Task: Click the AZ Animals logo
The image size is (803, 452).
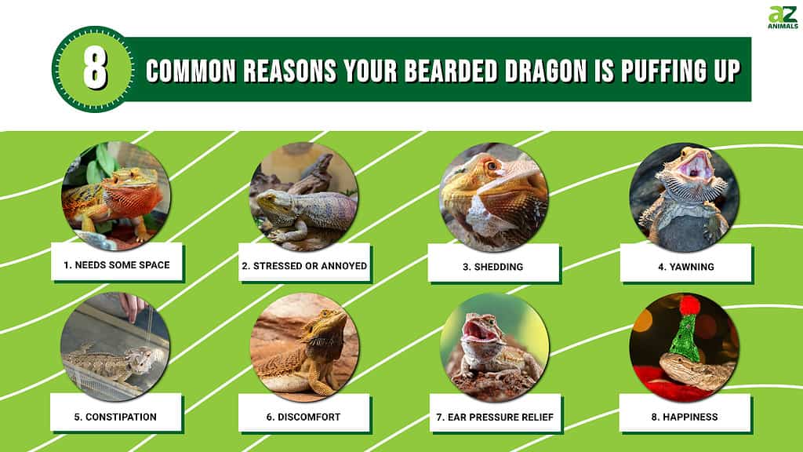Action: [x=782, y=16]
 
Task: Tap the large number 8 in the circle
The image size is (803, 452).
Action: [x=95, y=70]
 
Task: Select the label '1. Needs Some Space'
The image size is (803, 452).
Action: [x=116, y=265]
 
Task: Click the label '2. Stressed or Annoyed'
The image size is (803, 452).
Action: [x=304, y=266]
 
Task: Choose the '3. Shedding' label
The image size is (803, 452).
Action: [x=492, y=267]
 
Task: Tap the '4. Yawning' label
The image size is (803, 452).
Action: [x=685, y=267]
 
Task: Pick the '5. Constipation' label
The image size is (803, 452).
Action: [x=115, y=417]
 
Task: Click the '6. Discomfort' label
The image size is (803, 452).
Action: [x=303, y=417]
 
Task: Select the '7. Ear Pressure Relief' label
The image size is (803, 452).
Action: [x=493, y=417]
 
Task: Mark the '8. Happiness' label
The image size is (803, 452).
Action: [x=685, y=417]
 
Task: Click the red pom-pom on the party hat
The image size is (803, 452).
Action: [x=689, y=305]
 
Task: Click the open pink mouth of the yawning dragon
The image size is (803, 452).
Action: [x=693, y=166]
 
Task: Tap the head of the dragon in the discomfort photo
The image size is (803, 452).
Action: [x=329, y=323]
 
